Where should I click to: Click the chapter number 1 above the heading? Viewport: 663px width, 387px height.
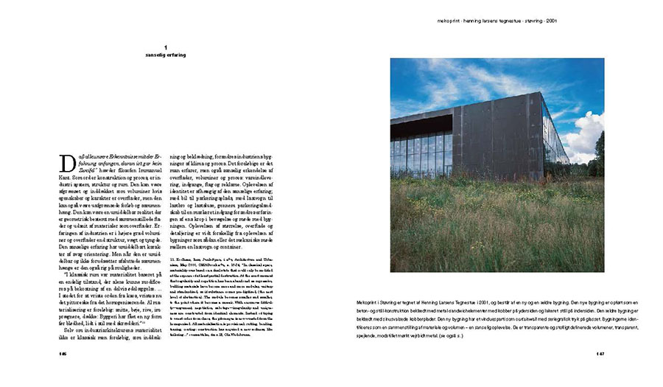point(165,46)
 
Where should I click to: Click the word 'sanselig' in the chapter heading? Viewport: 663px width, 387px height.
point(156,55)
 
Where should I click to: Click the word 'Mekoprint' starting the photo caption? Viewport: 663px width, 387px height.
point(406,302)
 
